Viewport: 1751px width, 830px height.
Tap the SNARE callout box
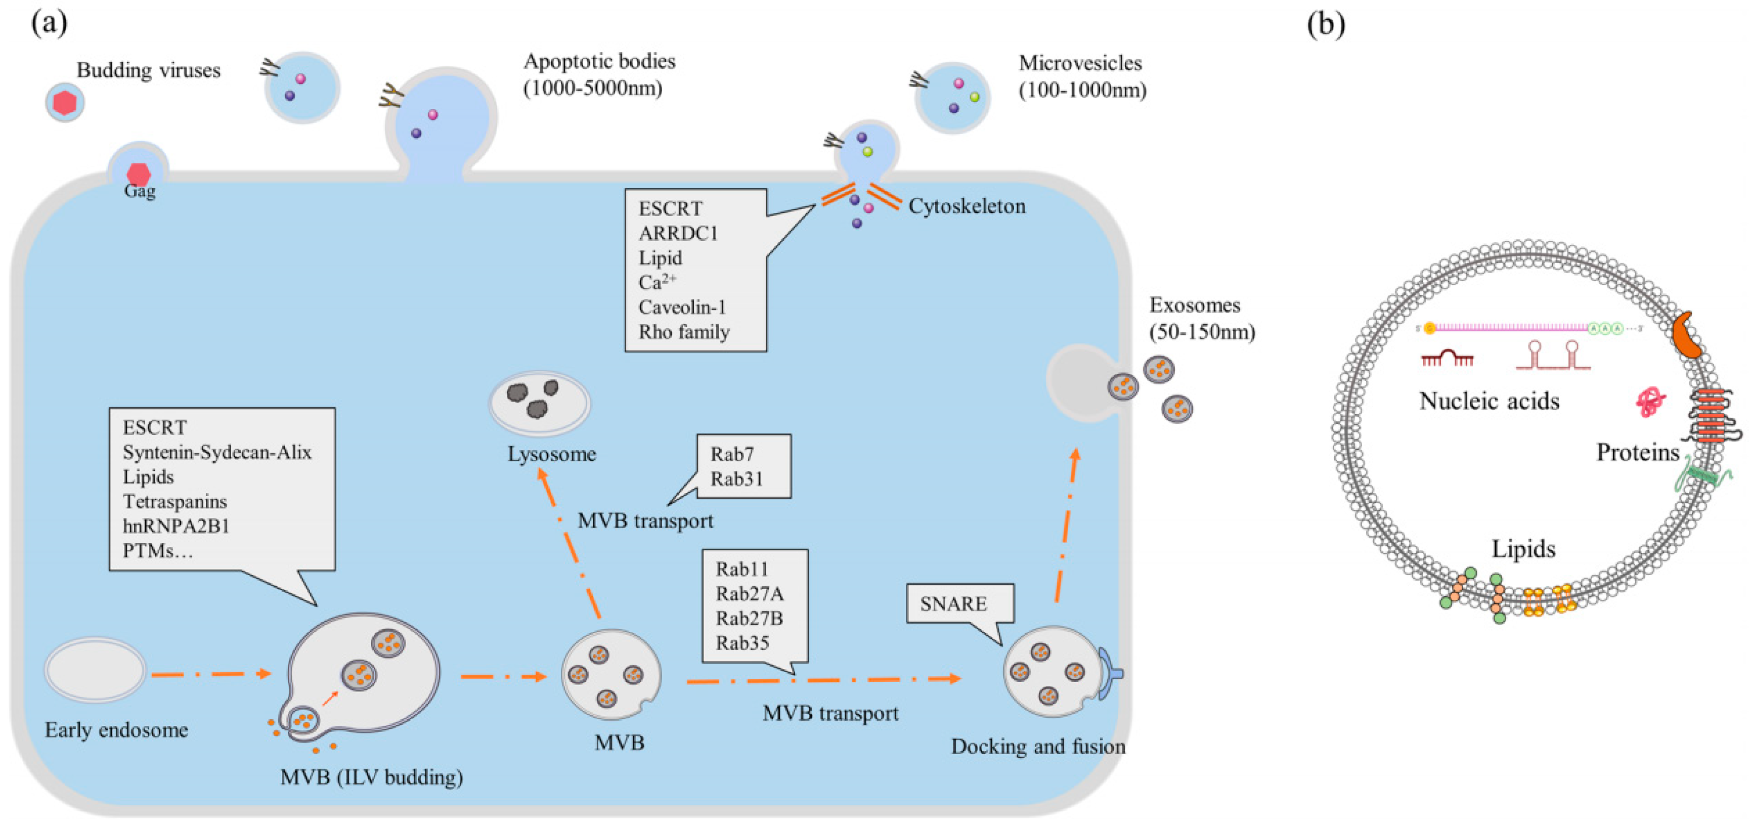coord(960,603)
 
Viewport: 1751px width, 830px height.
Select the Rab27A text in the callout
coord(749,593)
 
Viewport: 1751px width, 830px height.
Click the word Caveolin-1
coord(682,307)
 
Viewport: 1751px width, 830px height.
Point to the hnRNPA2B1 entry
coord(176,526)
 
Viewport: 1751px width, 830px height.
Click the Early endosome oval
coord(95,670)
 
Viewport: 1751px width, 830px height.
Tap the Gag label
coord(140,192)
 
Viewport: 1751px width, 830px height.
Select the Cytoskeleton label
coord(967,206)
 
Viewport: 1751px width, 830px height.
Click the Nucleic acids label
coord(1490,401)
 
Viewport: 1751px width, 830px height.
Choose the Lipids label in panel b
coord(1523,549)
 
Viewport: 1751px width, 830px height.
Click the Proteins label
coord(1638,453)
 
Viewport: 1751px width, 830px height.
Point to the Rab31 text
coord(737,479)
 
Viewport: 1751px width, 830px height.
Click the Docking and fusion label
coord(1038,747)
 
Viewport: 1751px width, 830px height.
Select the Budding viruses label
coord(148,70)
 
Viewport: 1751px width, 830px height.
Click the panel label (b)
coord(1326,24)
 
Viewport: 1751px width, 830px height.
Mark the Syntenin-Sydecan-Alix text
coord(217,452)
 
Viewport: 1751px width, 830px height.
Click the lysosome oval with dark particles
coord(540,403)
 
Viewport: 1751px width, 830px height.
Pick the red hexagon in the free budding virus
coord(65,103)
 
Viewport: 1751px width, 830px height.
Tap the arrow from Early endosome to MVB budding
coord(211,674)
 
